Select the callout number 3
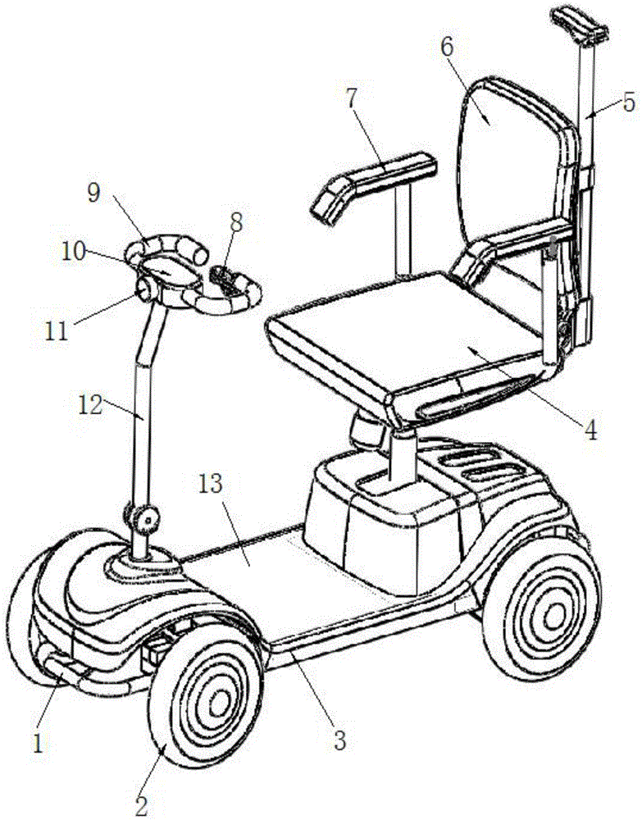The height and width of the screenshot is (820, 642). (x=340, y=740)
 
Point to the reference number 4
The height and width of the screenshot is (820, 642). (x=590, y=430)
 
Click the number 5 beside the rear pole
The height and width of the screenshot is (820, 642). (x=629, y=102)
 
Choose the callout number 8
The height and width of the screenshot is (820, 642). (x=236, y=222)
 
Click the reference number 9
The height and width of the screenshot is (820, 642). (x=93, y=193)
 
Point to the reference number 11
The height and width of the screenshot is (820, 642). (x=56, y=330)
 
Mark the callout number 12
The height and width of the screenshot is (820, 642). (x=89, y=404)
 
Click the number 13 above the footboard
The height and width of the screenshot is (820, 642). (x=210, y=485)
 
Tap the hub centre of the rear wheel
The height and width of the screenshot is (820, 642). (x=553, y=618)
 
